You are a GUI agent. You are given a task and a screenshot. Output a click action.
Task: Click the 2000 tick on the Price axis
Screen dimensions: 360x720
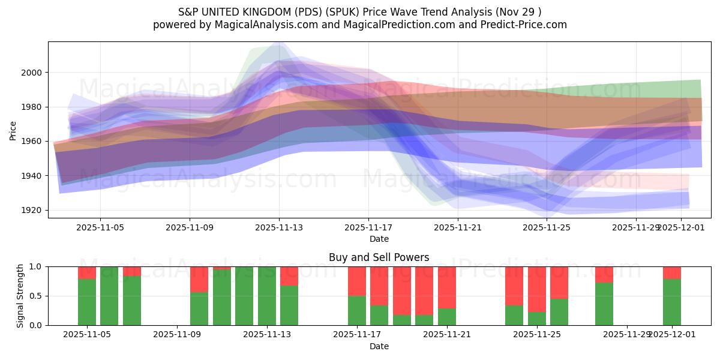[34, 73]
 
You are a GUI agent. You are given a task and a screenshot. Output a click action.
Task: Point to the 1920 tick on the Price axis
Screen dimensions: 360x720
[34, 210]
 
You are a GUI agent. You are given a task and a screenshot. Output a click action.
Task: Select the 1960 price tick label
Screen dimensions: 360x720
[34, 141]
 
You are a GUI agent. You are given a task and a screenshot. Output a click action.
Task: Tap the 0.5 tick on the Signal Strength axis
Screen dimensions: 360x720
[36, 296]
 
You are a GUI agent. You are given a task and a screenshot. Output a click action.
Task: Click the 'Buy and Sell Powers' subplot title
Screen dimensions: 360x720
[379, 257]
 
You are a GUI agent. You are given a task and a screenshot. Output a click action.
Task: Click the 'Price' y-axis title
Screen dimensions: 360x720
[13, 130]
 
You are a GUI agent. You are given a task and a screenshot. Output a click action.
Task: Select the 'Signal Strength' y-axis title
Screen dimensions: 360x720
[21, 296]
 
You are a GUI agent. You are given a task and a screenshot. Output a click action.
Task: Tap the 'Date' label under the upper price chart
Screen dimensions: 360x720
[379, 239]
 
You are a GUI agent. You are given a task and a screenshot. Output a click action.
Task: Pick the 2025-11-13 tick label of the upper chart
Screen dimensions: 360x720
[279, 227]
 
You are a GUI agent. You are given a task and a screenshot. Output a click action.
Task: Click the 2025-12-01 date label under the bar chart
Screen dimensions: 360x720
[671, 335]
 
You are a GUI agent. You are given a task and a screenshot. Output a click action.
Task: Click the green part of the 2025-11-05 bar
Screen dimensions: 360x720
[87, 302]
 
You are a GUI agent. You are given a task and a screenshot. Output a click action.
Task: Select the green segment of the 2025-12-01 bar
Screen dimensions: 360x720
[672, 302]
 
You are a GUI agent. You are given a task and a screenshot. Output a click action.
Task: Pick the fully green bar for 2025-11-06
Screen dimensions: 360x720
[109, 296]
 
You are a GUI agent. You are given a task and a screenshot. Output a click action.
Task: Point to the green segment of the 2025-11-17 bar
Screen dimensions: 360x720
[357, 310]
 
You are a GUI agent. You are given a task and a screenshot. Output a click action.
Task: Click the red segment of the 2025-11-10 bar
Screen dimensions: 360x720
[199, 279]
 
